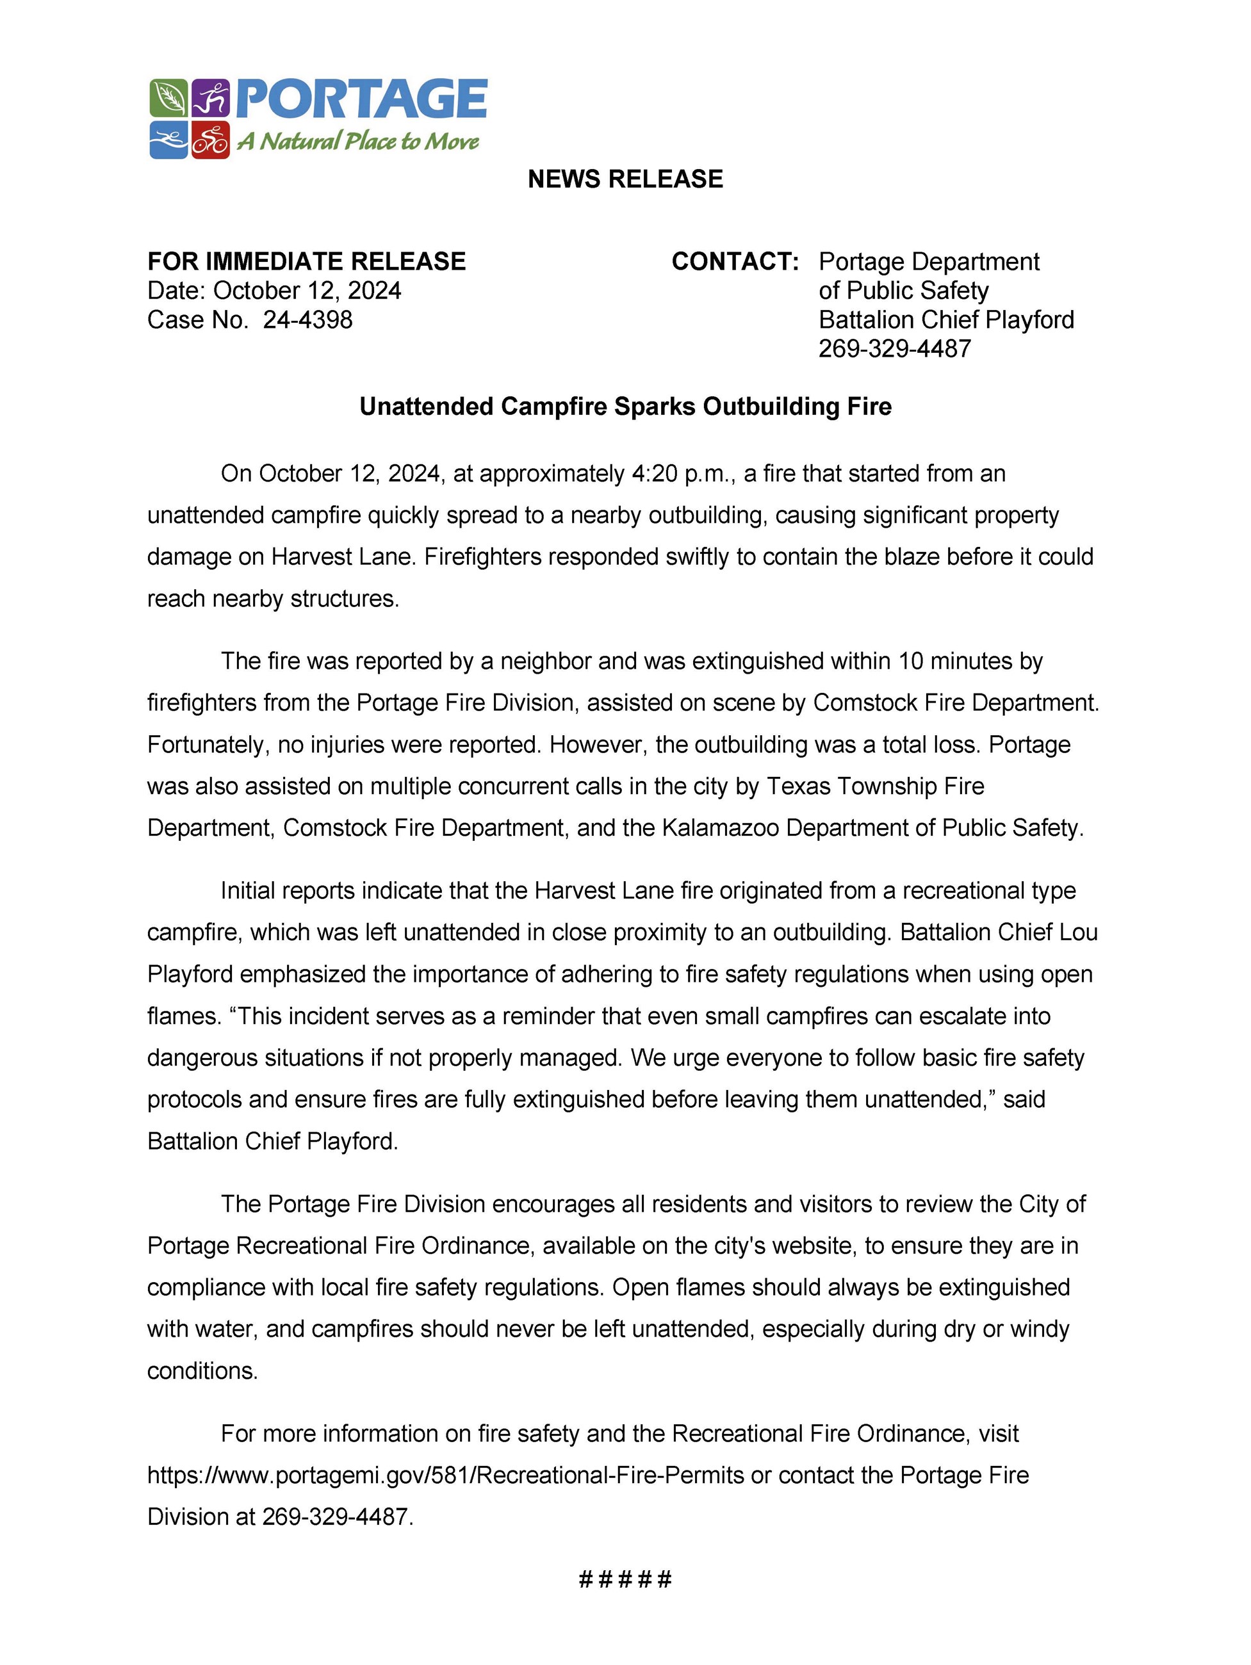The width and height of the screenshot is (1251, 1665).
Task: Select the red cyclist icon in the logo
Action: [211, 140]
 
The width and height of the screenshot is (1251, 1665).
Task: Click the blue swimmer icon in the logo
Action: [168, 140]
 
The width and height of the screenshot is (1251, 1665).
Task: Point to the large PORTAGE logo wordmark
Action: [362, 99]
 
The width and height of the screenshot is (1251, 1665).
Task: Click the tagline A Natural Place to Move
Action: [358, 142]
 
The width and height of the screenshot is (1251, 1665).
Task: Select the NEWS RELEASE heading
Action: [625, 179]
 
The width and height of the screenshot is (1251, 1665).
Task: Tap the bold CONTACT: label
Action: [735, 262]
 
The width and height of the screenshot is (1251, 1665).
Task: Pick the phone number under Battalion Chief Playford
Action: [894, 348]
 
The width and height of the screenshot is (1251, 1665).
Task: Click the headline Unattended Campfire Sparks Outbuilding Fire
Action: [625, 407]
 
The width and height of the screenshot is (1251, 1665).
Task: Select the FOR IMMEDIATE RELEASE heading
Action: [306, 262]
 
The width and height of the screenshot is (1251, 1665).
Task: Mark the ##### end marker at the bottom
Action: [625, 1579]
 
